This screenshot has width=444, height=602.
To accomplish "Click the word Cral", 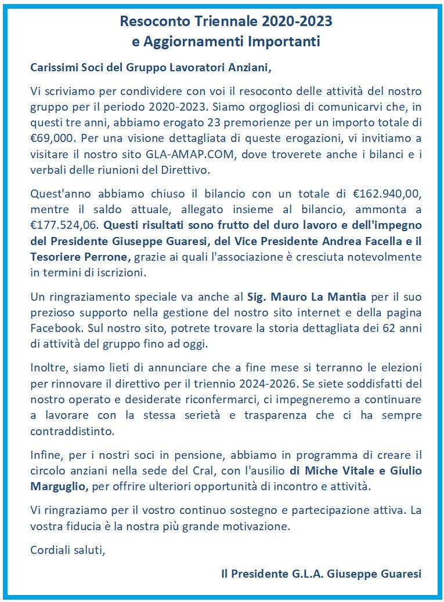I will (x=238, y=472).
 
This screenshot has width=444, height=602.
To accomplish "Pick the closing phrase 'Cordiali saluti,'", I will (x=68, y=549).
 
